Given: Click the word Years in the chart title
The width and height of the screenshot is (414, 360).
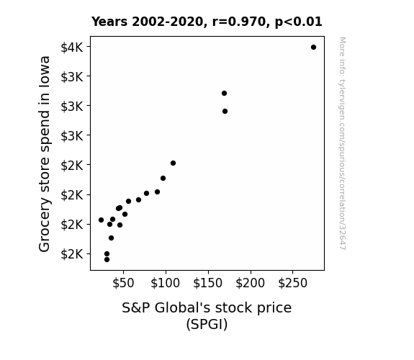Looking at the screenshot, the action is click(109, 22).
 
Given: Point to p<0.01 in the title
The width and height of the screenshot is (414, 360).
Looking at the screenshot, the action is click(299, 22).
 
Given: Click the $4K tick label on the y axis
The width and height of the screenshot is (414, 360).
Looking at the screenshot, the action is click(72, 48).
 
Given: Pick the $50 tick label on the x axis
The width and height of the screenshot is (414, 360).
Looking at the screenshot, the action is click(123, 283).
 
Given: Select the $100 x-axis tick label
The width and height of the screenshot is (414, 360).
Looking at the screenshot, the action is click(166, 283).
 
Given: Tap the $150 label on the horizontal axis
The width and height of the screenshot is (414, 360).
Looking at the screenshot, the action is click(208, 283).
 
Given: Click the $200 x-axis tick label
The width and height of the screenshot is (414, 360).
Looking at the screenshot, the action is click(251, 283).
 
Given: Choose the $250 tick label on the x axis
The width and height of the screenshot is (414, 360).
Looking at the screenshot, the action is click(292, 283).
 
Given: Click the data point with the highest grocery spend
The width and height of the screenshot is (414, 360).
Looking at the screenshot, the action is click(313, 48).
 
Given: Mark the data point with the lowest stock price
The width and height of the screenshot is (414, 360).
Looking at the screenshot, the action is click(101, 220).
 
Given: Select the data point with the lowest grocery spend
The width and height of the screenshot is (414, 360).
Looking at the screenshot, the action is click(107, 260).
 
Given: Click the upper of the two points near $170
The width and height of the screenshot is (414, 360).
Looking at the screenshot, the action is click(224, 93).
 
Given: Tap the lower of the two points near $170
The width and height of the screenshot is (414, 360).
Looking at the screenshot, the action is click(225, 112).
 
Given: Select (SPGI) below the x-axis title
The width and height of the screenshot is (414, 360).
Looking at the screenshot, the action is click(207, 324).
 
